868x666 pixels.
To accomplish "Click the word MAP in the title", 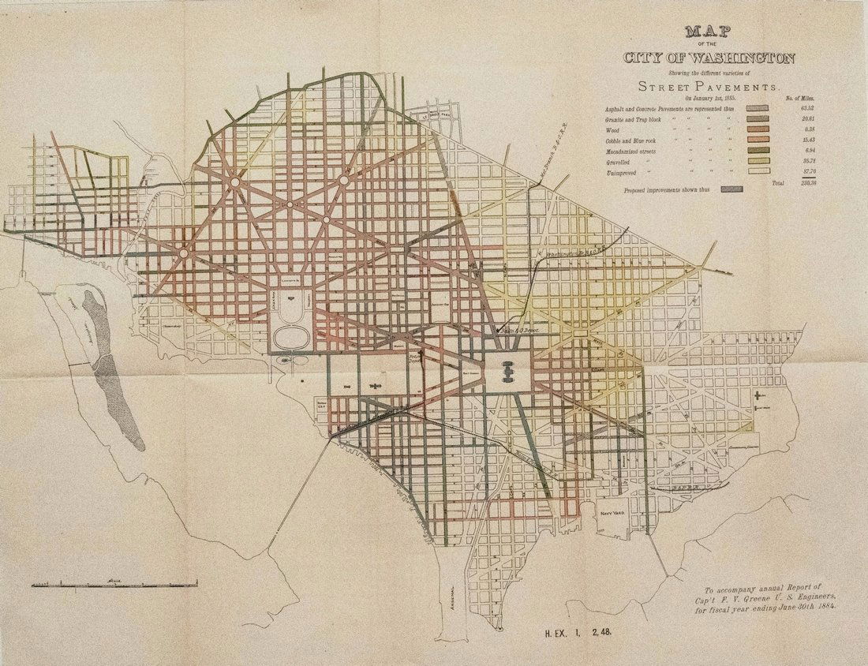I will tap(707, 32).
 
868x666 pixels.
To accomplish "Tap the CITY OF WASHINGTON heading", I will tap(709, 58).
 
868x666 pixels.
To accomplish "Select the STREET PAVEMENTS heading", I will tap(707, 86).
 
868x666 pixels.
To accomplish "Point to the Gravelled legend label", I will tap(619, 161).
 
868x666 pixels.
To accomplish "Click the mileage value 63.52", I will tap(806, 107).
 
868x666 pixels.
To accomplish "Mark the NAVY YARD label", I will tap(612, 513).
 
